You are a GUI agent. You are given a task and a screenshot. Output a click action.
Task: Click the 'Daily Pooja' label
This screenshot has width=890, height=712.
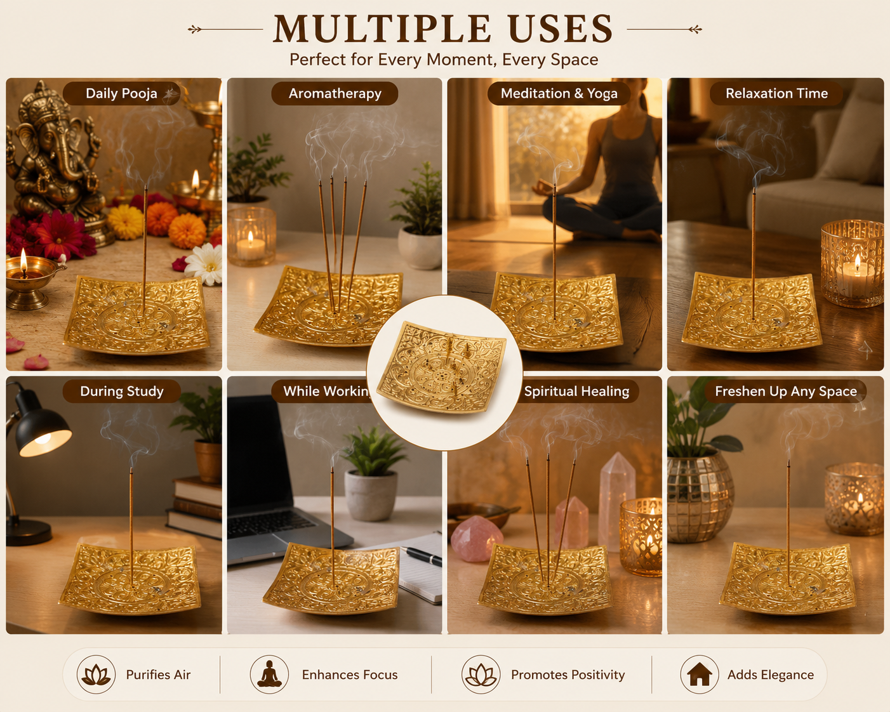click(x=121, y=93)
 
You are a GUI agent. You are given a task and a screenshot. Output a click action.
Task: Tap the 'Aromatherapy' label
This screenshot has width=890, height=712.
click(x=335, y=93)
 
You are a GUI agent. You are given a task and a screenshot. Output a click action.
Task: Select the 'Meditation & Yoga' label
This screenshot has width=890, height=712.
click(x=559, y=93)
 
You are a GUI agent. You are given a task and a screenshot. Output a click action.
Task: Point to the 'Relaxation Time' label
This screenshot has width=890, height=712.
click(x=776, y=93)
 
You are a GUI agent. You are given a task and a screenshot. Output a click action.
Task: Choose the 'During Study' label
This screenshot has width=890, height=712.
click(x=122, y=391)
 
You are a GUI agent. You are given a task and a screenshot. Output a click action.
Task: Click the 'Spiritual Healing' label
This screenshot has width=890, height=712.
click(x=576, y=391)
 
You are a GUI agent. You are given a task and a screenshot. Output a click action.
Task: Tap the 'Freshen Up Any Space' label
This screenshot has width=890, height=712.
click(x=786, y=391)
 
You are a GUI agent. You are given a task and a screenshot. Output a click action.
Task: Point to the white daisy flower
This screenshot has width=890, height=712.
click(x=204, y=264)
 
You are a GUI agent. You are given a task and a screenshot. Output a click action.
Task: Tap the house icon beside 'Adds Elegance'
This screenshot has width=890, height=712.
click(x=700, y=675)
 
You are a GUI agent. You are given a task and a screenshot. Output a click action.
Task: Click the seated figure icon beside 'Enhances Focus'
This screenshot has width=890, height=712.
click(x=269, y=674)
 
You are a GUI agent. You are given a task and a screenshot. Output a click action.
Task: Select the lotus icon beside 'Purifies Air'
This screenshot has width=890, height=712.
click(x=96, y=675)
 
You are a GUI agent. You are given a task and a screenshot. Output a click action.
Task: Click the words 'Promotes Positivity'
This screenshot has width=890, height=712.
click(x=568, y=675)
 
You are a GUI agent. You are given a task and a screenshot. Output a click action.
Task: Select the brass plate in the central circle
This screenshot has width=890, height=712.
click(x=441, y=367)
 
